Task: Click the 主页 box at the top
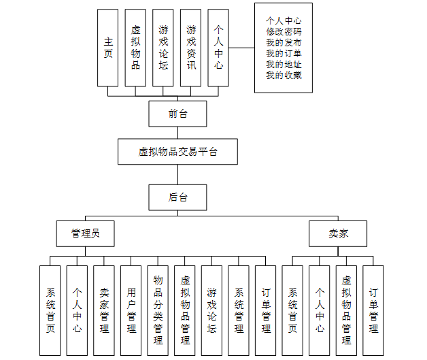coord(107,48)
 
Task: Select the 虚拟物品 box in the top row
coord(135,48)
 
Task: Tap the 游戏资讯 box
coord(191,48)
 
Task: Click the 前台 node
coord(177,114)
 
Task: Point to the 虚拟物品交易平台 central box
coord(177,152)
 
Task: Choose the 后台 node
coord(177,197)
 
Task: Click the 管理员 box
coord(85,233)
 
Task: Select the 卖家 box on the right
coord(338,233)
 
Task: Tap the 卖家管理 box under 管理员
coord(104,310)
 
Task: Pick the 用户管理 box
coord(131,310)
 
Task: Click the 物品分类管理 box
coord(158,310)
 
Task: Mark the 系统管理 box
coord(239,310)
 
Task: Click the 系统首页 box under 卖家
coord(292,310)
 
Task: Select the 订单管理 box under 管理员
coord(266,310)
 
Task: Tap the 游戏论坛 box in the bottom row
coord(211,310)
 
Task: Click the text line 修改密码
coord(284,32)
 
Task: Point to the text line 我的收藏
coord(284,76)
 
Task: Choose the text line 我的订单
coord(284,54)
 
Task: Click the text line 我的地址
coord(284,65)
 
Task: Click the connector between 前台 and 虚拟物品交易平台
coord(177,133)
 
